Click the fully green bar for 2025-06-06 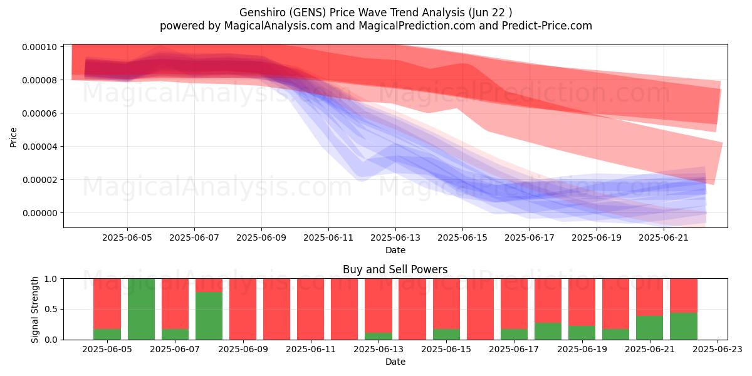point(142,309)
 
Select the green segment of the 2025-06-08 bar point(209,316)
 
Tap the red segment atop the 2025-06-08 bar point(209,285)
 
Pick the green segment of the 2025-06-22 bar point(684,326)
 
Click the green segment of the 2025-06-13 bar point(379,336)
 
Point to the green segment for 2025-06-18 point(548,332)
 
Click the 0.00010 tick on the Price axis point(39,47)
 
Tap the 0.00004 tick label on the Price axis point(39,147)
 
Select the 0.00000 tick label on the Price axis point(39,213)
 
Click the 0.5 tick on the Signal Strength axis point(51,309)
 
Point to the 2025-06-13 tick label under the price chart point(395,238)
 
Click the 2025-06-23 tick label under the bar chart point(718,350)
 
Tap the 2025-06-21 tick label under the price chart point(664,238)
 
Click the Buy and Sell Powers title point(395,269)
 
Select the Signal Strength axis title point(35,310)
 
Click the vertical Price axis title point(13,137)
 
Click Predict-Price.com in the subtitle point(547,26)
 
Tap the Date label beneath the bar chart point(395,362)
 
